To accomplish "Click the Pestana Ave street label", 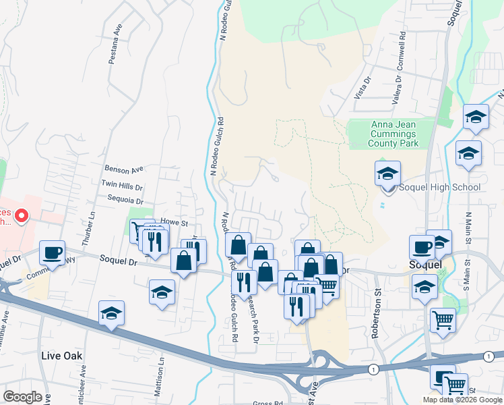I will [115, 47].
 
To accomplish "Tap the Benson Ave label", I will [124, 169].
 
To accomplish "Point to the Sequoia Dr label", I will [121, 200].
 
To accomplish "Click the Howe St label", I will [173, 221].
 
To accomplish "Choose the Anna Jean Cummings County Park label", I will [394, 134].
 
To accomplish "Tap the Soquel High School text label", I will [439, 188].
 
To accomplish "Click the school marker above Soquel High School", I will [387, 175].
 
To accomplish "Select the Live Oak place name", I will [60, 355].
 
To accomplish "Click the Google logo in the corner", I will [22, 397].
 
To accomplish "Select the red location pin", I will [21, 216].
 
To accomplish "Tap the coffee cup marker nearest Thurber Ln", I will [52, 253].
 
